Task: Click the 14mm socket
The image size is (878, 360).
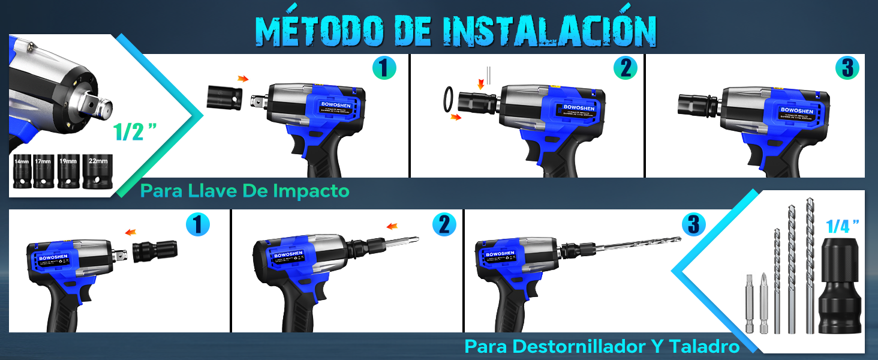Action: tap(22, 172)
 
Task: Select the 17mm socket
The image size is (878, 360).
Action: tap(44, 172)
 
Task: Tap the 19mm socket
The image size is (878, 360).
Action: tap(68, 172)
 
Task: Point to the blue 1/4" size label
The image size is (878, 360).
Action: tap(842, 226)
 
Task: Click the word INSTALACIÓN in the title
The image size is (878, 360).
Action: tap(549, 30)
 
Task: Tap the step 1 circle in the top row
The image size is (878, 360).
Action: tap(384, 68)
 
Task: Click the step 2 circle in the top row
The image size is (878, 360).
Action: tap(625, 68)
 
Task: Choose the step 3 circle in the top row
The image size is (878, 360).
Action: tap(847, 68)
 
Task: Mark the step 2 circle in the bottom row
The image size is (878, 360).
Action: tap(444, 225)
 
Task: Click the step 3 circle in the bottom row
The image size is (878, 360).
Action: tap(694, 225)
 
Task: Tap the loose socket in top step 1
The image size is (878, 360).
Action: tap(224, 96)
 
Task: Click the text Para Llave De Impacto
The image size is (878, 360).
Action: tap(245, 191)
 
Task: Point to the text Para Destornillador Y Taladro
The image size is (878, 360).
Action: tap(602, 346)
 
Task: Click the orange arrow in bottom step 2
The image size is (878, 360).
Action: tap(392, 226)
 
